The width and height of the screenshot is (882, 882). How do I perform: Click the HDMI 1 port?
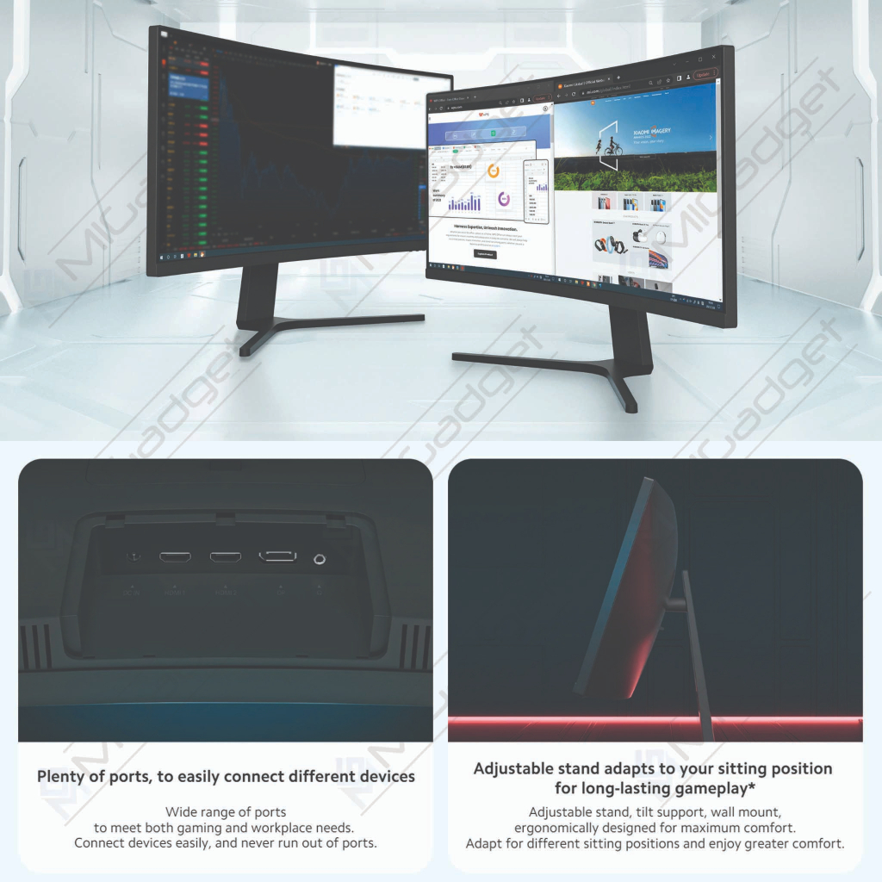click(x=177, y=556)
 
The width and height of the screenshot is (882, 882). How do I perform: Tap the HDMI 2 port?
click(x=227, y=556)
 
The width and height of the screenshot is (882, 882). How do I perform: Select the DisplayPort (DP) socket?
click(x=277, y=556)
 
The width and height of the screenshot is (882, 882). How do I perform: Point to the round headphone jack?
click(x=320, y=558)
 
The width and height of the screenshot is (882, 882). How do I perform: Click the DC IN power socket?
click(x=133, y=556)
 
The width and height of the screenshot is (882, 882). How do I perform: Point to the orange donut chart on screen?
click(x=494, y=171)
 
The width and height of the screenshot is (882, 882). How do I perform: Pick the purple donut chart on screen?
click(x=503, y=199)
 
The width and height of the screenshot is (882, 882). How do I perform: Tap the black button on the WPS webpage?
click(x=485, y=254)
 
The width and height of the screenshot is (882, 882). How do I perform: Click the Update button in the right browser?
click(x=704, y=74)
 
